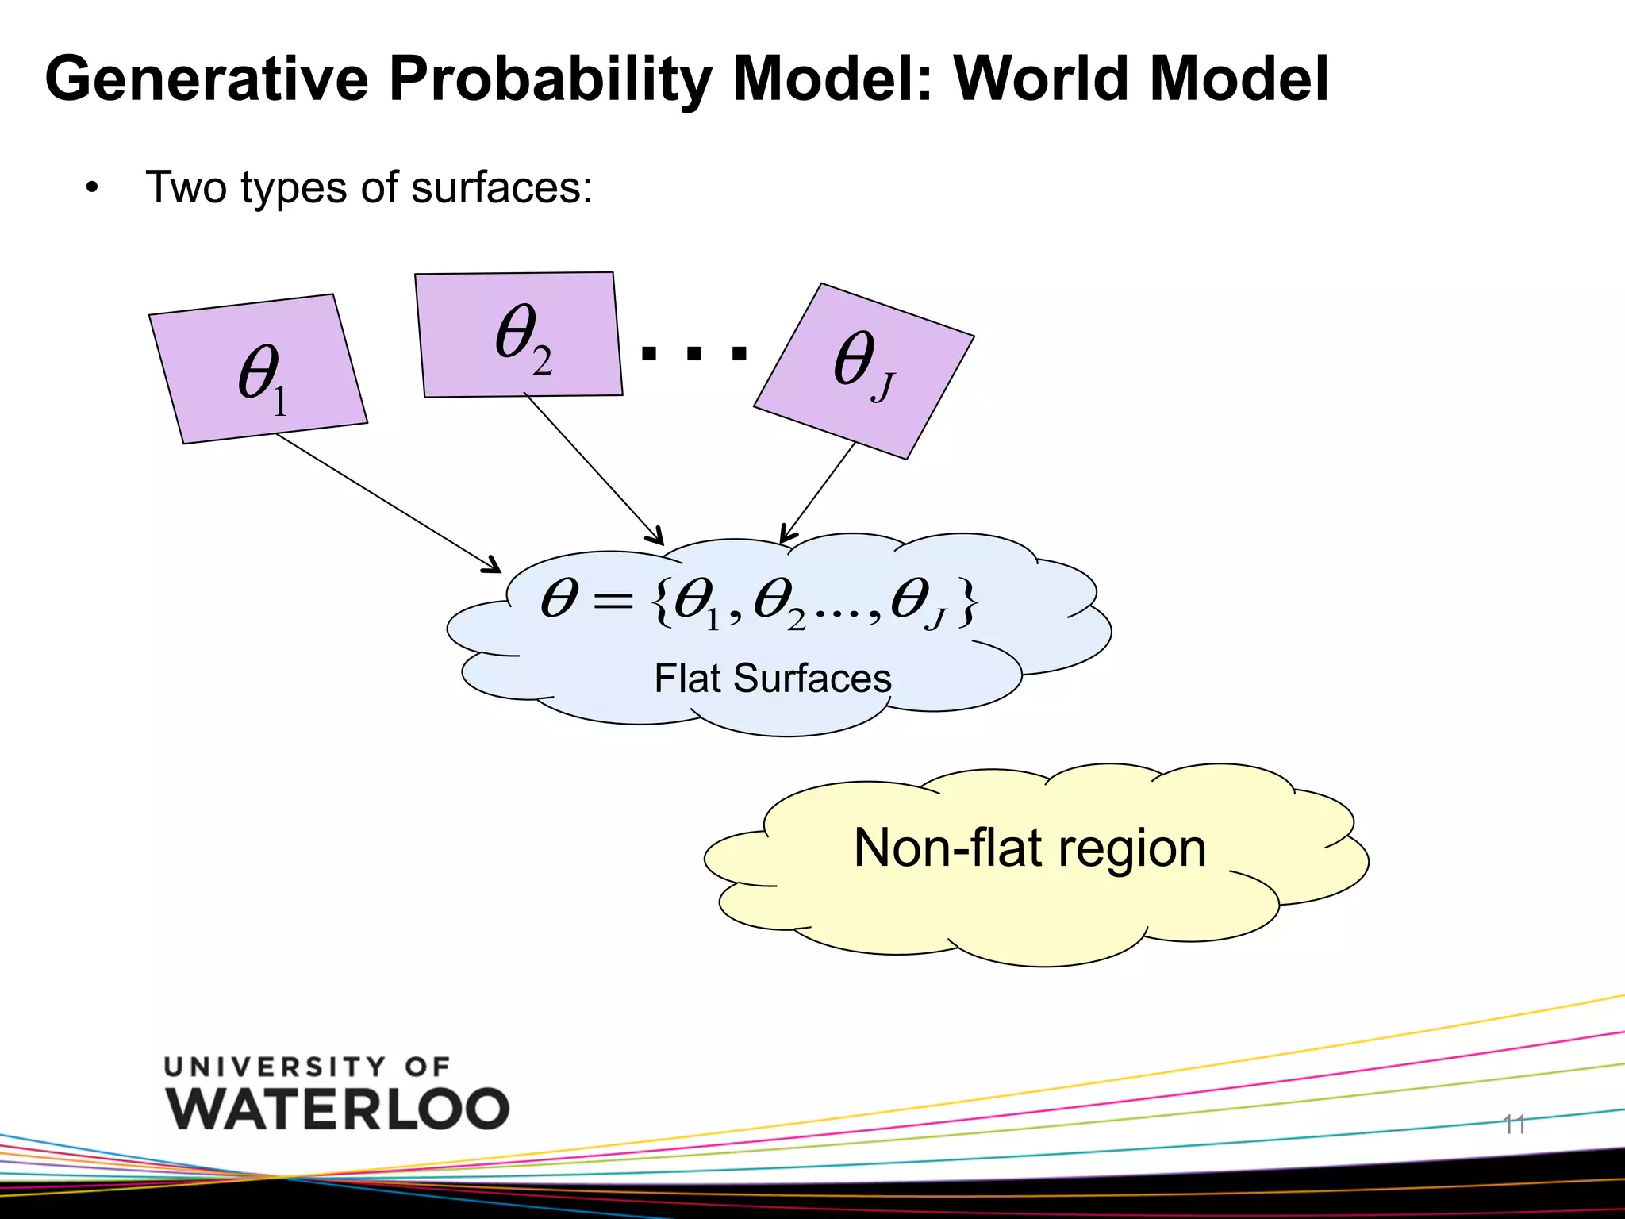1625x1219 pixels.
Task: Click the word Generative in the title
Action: click(x=207, y=80)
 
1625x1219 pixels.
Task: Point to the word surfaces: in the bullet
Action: click(x=501, y=188)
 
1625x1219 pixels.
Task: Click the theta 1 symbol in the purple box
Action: click(x=262, y=378)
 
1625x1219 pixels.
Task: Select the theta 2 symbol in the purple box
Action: click(x=522, y=336)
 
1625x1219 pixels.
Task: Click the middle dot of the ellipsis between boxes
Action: click(x=694, y=354)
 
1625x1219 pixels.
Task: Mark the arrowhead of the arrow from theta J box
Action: click(x=785, y=537)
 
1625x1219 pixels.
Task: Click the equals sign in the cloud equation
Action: click(x=613, y=602)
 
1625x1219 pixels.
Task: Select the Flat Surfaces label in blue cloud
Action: click(x=772, y=679)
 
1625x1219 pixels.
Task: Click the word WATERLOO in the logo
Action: click(x=338, y=1108)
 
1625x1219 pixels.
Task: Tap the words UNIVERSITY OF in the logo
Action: click(x=307, y=1067)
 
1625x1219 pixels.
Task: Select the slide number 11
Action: click(x=1513, y=1124)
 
